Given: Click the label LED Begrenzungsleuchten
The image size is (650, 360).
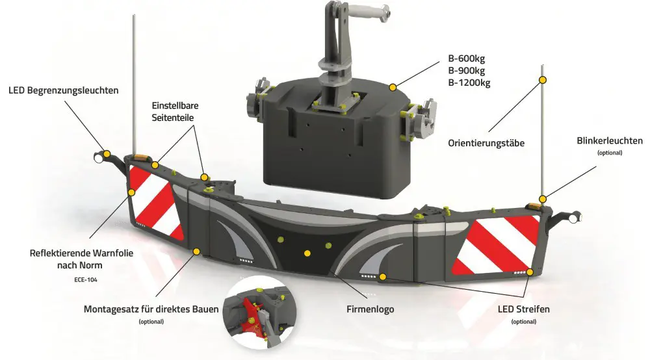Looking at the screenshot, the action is point(64,90).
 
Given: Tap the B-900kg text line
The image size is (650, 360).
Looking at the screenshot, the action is point(466,70).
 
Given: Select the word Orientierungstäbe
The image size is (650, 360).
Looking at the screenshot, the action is point(486,144).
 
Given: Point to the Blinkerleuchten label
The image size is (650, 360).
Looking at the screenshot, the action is point(610,141).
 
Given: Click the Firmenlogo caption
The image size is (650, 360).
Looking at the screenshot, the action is point(370,309).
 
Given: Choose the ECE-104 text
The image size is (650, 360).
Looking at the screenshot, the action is point(86,279).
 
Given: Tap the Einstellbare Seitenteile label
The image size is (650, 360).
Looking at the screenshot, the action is point(175,111).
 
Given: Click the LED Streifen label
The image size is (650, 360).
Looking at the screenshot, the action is point(523,309).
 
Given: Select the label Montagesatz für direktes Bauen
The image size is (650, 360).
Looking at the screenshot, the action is point(151,309).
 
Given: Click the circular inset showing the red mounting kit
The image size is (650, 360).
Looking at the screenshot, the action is point(260,312).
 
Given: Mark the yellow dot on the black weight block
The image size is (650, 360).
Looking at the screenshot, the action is point(393,87).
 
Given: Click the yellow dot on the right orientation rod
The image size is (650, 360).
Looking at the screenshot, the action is point(542,80).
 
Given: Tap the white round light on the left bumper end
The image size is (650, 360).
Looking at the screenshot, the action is point(99,159).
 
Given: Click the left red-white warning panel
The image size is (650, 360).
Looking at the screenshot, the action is point(156,203).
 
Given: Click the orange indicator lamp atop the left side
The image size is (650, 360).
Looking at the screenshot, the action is point(141,157).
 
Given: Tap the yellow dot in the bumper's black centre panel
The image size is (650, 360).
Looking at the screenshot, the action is point(307,253).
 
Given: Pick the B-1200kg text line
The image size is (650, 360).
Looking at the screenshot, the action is point(469,83).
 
